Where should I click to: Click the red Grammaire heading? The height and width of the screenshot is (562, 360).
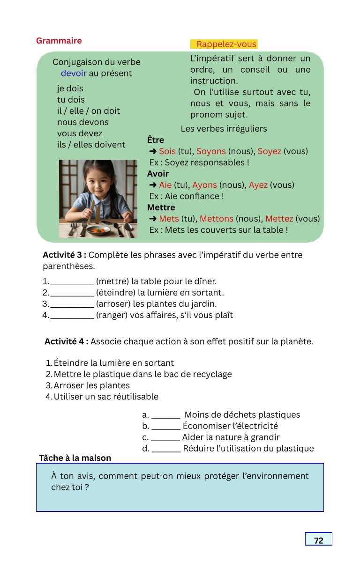pyautogui.click(x=59, y=41)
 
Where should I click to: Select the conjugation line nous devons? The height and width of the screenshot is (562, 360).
pyautogui.click(x=82, y=122)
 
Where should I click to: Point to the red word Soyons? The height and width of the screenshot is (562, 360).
pyautogui.click(x=211, y=151)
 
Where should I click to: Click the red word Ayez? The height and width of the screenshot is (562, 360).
pyautogui.click(x=258, y=185)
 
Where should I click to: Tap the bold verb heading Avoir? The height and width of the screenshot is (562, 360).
pyautogui.click(x=158, y=174)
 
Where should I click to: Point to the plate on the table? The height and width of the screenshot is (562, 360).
pyautogui.click(x=98, y=230)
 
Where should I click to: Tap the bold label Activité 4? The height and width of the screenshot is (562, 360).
pyautogui.click(x=67, y=341)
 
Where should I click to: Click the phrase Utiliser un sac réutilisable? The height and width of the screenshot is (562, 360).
pyautogui.click(x=106, y=397)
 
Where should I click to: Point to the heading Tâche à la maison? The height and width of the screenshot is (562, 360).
pyautogui.click(x=75, y=458)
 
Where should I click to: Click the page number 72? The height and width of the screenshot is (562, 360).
pyautogui.click(x=318, y=540)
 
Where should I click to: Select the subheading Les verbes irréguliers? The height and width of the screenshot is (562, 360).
pyautogui.click(x=224, y=129)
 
